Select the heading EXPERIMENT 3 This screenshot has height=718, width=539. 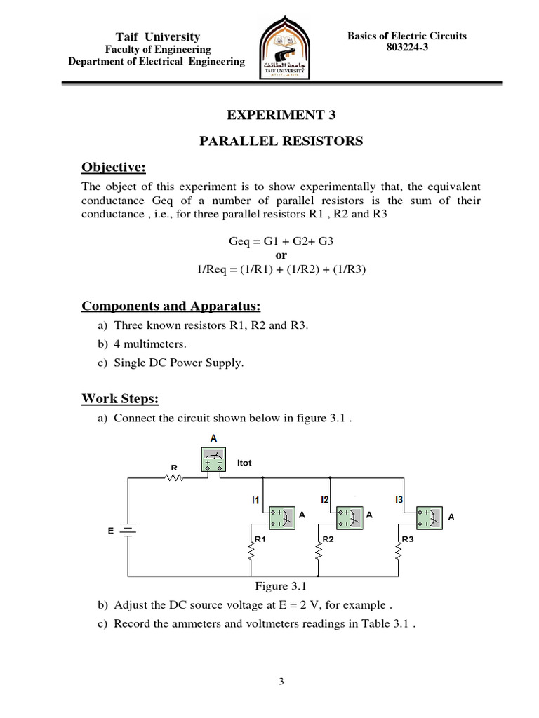click(x=269, y=115)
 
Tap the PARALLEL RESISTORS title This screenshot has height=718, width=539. click(x=281, y=141)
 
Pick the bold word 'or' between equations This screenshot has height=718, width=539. click(x=281, y=255)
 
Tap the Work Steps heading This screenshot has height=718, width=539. click(x=120, y=399)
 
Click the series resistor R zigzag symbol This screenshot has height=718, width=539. click(x=173, y=478)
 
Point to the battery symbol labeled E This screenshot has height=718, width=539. click(x=128, y=531)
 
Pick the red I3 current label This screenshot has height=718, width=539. click(x=399, y=499)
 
